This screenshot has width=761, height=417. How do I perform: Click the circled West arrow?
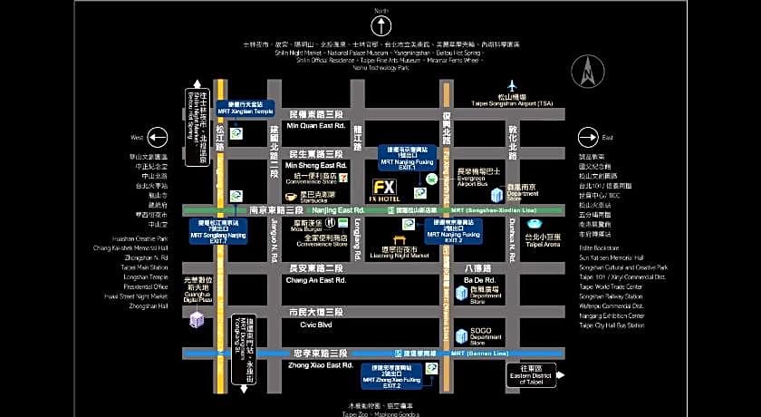click(159, 137)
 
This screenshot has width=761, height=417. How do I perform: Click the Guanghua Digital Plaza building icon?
click(196, 319)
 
